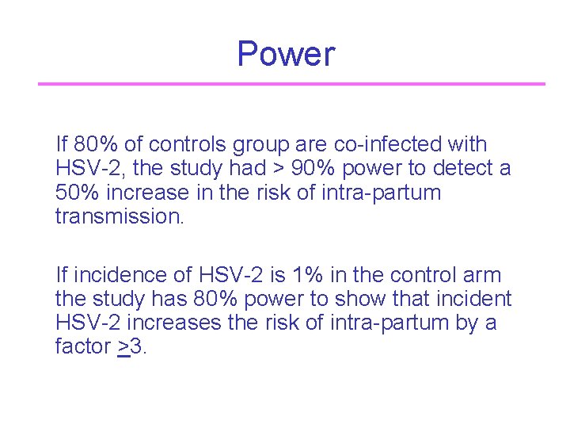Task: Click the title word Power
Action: [286, 55]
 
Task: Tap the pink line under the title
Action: [291, 83]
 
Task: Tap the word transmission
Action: [119, 216]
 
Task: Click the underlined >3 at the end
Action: [131, 346]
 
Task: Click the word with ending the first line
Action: [468, 145]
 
